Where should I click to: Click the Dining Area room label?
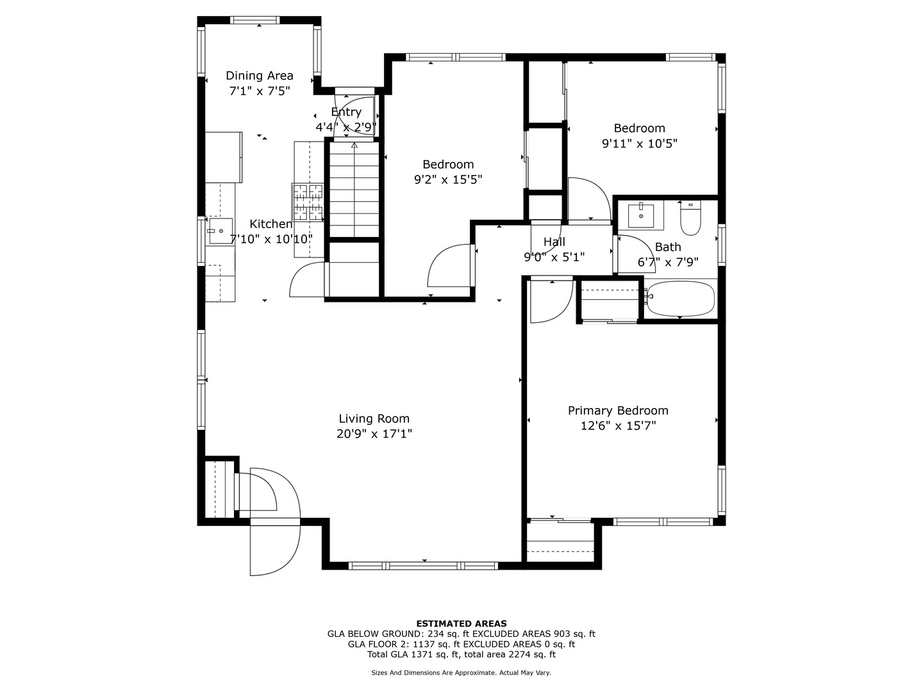[260, 76]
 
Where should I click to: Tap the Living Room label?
[374, 418]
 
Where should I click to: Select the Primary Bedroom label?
[618, 411]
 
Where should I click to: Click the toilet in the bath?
[690, 218]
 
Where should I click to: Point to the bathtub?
[680, 299]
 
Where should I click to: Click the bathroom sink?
[641, 215]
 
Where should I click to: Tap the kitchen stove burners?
[308, 202]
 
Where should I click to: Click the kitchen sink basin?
[220, 231]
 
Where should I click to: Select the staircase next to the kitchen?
[354, 190]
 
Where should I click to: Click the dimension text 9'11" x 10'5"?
[639, 144]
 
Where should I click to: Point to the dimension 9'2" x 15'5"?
[448, 180]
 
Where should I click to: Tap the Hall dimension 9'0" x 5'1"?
[554, 257]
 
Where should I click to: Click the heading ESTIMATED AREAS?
[462, 623]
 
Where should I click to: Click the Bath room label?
[668, 247]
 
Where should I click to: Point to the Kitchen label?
[270, 224]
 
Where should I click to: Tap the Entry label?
[346, 111]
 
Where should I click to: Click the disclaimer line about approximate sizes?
[461, 673]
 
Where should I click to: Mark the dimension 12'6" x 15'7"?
[618, 426]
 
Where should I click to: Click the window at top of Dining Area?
[255, 20]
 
